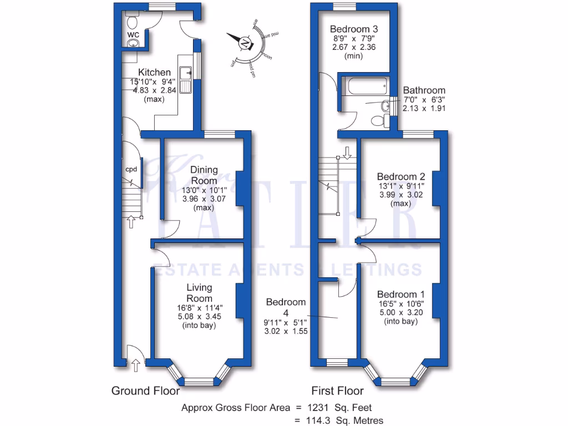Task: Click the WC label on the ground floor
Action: [x=133, y=34]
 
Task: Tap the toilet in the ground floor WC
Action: [x=133, y=23]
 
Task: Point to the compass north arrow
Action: [x=245, y=42]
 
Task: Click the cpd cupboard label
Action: [x=131, y=169]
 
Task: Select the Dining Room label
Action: [x=204, y=175]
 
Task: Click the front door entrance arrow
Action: [x=135, y=365]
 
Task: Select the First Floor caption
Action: [x=337, y=391]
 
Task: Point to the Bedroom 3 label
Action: [x=352, y=29]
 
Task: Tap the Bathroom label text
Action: [x=424, y=90]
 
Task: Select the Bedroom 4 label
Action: [x=286, y=307]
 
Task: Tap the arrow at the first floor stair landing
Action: [x=347, y=152]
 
